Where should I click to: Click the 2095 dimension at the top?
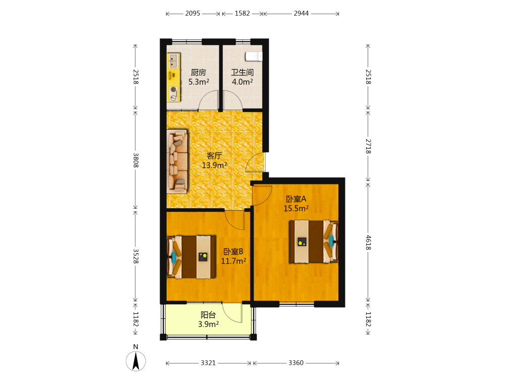(192, 14)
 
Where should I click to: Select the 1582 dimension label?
(242, 14)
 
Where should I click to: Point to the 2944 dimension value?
(301, 14)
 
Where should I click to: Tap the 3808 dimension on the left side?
(135, 160)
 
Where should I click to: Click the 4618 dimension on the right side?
(368, 243)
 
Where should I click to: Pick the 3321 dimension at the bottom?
(208, 363)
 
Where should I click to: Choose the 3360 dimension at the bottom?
(296, 363)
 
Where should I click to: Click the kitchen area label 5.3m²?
(198, 82)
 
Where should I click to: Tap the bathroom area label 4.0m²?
(242, 82)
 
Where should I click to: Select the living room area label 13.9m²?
(214, 165)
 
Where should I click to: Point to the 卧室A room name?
(296, 199)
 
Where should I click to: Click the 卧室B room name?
(233, 252)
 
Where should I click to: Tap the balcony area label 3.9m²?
(209, 324)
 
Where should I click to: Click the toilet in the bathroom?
(254, 57)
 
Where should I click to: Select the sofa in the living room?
(177, 162)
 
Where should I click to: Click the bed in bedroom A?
(314, 242)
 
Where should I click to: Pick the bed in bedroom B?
(191, 257)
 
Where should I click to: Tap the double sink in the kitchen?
(173, 61)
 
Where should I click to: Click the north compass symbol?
(135, 361)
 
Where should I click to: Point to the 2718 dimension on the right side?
(368, 147)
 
